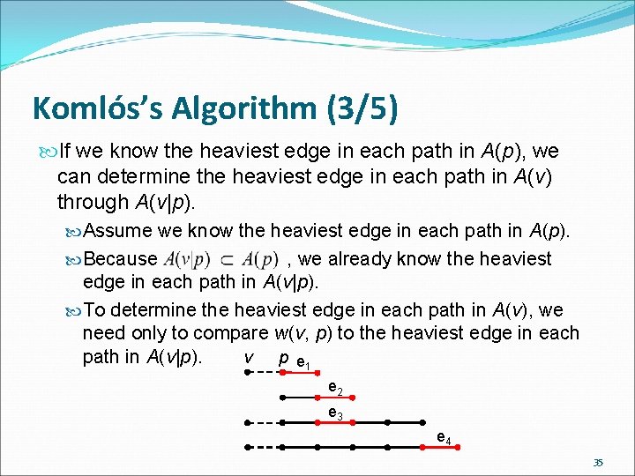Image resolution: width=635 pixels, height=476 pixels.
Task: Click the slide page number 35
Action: (x=598, y=462)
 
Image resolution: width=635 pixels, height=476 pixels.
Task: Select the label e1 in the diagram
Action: (x=303, y=363)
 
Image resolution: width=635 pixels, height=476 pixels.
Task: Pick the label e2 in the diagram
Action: (x=335, y=388)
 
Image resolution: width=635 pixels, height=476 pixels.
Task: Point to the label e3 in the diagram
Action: (x=335, y=413)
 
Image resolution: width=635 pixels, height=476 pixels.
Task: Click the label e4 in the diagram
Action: (x=444, y=438)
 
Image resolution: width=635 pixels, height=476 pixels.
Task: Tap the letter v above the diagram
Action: (x=249, y=358)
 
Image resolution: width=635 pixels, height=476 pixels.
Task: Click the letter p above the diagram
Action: (x=282, y=358)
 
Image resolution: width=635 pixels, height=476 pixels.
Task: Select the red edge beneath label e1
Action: (x=299, y=373)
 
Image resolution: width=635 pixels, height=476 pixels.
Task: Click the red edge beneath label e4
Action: (x=441, y=448)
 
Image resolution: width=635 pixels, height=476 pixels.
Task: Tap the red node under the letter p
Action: (x=282, y=373)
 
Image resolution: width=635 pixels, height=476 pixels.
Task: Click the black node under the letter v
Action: (x=249, y=373)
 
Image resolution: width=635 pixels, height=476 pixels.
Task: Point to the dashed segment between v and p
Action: (x=265, y=373)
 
